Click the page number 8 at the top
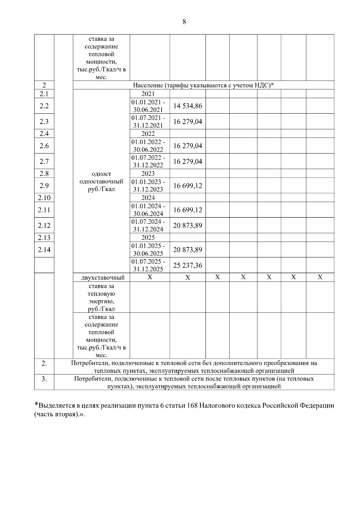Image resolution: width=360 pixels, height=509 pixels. point(184,22)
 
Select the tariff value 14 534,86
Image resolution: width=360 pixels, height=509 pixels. point(187,106)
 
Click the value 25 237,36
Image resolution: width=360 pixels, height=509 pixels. point(187,265)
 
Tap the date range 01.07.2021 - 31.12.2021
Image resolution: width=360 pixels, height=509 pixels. point(148,121)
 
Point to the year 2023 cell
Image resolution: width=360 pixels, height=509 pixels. point(148,174)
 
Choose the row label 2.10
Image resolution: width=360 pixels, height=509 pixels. point(44,198)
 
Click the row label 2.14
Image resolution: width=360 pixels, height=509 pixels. point(44,250)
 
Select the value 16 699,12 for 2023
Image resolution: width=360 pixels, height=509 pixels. point(187,186)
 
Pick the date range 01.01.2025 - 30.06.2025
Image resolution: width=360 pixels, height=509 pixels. point(148,250)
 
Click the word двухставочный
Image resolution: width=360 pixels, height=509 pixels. point(103,278)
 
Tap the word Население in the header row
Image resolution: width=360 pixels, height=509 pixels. point(148,85)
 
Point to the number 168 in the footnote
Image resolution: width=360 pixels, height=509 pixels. point(192,406)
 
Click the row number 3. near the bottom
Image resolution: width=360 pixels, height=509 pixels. point(44,379)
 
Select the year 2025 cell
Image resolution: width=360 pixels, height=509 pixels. point(148,238)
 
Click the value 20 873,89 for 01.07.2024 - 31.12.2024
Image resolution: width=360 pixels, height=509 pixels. point(187,226)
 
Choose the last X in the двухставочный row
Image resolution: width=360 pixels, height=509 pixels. point(320,277)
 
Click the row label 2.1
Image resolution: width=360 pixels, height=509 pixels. point(44,94)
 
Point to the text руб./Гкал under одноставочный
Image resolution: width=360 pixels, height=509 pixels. point(101,190)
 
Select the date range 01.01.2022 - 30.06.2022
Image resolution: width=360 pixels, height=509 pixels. point(148,146)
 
